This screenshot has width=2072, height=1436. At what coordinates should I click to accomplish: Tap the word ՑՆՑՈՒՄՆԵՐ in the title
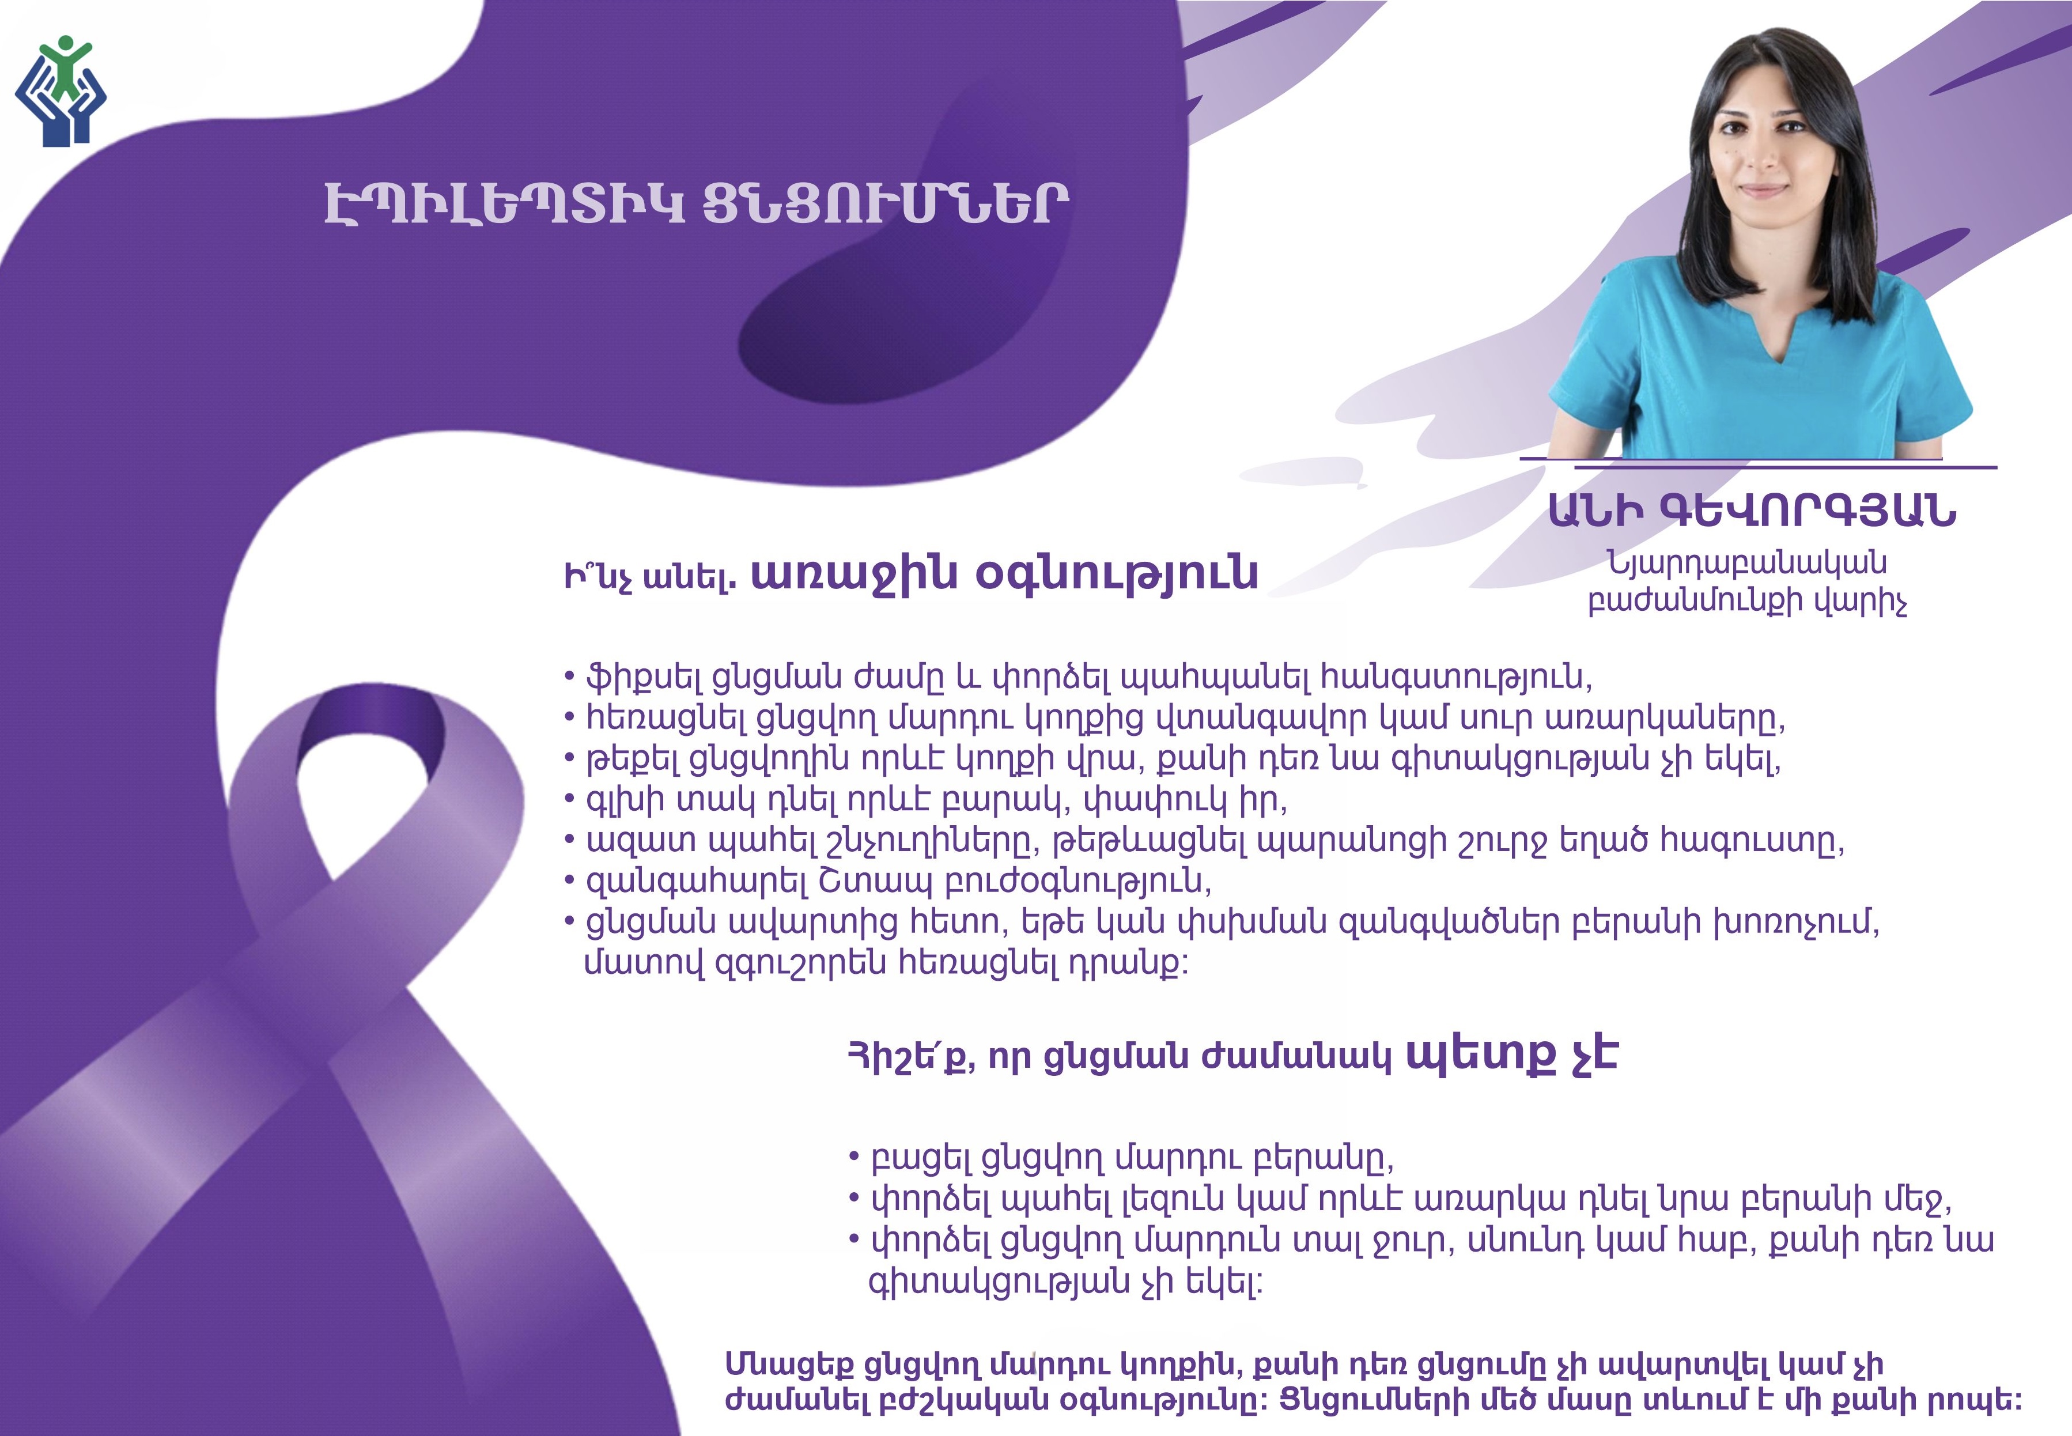[886, 205]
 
